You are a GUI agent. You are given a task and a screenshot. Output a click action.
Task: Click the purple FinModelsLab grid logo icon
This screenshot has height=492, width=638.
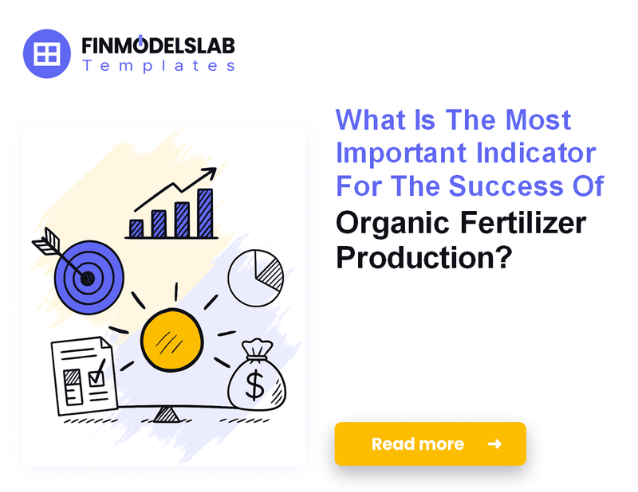48,53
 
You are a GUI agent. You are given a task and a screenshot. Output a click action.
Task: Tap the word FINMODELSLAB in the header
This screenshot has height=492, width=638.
158,45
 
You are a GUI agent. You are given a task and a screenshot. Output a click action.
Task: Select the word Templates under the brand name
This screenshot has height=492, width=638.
158,67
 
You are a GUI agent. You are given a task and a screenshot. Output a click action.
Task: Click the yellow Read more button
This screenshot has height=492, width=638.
430,443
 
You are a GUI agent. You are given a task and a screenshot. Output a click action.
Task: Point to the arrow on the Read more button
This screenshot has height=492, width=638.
494,443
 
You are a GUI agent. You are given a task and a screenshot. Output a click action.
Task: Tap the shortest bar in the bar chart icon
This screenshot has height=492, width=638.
136,228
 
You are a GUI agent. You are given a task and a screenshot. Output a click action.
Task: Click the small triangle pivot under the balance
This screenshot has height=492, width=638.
167,414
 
